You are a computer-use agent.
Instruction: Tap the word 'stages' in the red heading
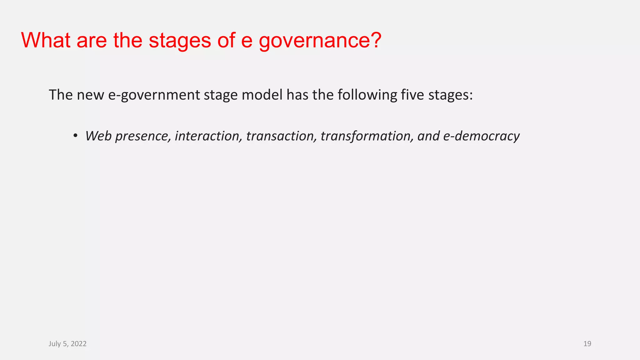click(x=180, y=41)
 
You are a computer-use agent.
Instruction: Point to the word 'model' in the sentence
click(x=262, y=95)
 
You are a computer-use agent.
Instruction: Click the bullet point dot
click(x=75, y=136)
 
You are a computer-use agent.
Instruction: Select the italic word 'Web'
click(x=98, y=136)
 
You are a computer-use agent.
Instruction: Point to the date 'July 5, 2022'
click(x=67, y=344)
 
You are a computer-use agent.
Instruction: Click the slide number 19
click(x=587, y=344)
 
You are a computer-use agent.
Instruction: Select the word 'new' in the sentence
click(x=90, y=95)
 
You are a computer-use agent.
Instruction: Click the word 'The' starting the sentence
click(x=61, y=95)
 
